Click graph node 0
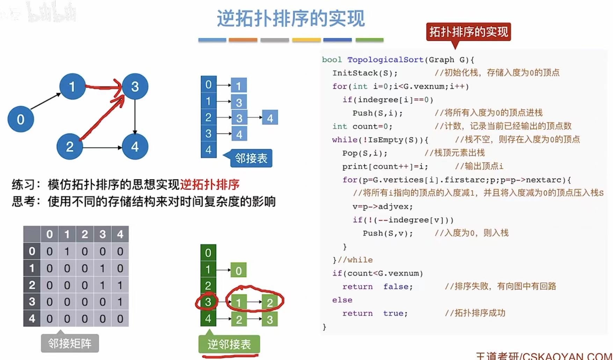pos(21,119)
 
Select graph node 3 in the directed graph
pos(135,86)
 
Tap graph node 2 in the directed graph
pos(70,146)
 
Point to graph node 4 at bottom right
pos(135,146)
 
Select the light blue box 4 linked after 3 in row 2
pos(270,118)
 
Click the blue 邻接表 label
pos(251,158)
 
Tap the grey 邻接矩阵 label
pos(70,343)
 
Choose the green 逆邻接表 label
pos(229,344)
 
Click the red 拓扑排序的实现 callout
pos(468,32)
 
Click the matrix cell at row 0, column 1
pos(67,251)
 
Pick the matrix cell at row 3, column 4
pos(120,302)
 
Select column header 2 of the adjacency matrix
pos(85,234)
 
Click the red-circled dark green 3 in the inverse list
pos(208,302)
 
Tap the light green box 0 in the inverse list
pos(239,270)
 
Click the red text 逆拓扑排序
pos(210,184)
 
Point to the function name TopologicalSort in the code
pos(385,60)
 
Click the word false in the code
pos(398,287)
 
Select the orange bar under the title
pos(243,40)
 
